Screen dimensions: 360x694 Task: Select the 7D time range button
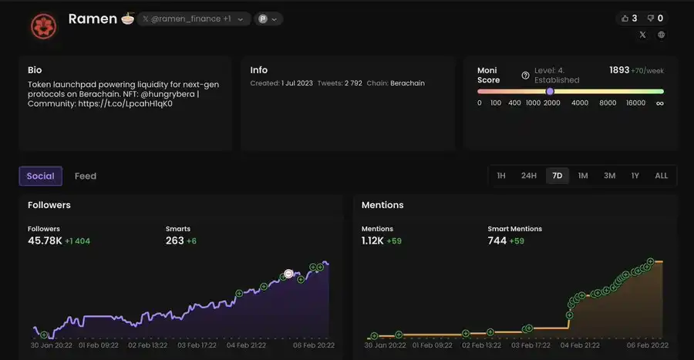pos(557,176)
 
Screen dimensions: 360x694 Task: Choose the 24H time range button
pos(528,176)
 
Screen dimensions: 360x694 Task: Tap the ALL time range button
pos(661,176)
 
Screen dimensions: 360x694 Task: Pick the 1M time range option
pos(583,176)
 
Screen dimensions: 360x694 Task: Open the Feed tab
pos(86,176)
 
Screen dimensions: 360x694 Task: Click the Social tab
pos(40,176)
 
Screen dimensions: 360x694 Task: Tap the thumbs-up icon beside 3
pos(625,19)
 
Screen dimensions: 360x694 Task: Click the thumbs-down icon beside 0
pos(651,19)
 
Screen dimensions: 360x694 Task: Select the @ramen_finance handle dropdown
pos(194,19)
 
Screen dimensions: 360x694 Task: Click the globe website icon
pos(662,35)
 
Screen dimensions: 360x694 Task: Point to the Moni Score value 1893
pos(619,69)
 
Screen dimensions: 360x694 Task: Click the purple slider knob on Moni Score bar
pos(550,91)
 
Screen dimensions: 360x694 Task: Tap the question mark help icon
pos(526,75)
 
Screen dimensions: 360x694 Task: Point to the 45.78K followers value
pos(45,241)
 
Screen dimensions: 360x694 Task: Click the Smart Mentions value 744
pos(497,241)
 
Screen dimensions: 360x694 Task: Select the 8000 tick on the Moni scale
pos(608,103)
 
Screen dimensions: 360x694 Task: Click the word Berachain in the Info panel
pos(407,83)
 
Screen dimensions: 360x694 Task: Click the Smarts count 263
pos(175,241)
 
